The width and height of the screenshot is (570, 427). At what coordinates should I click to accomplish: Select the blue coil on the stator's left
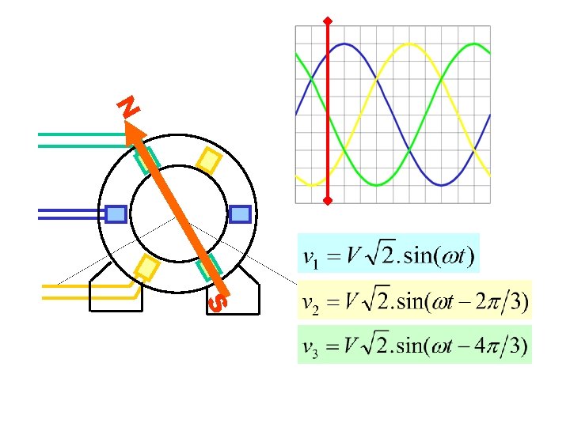click(x=116, y=213)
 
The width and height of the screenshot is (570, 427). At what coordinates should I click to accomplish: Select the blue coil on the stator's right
click(x=240, y=213)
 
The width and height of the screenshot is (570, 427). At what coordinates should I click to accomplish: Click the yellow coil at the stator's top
click(x=209, y=161)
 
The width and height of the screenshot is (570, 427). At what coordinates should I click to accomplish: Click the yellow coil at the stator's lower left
click(x=146, y=267)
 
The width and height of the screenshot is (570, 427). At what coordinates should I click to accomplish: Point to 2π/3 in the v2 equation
click(x=499, y=301)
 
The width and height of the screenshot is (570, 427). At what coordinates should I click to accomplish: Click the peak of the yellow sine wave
click(x=408, y=43)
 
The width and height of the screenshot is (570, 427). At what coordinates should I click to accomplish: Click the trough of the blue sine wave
click(x=444, y=184)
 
